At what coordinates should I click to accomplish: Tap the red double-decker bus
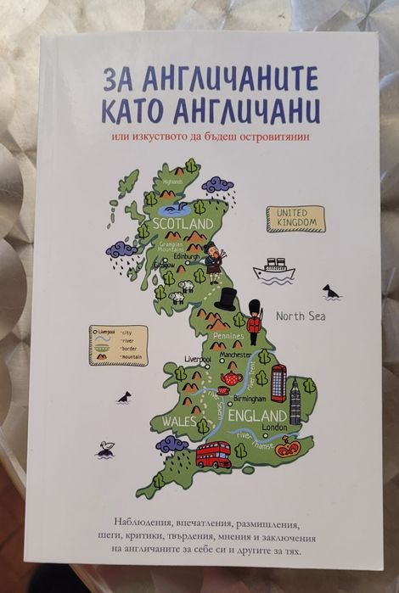212,456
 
